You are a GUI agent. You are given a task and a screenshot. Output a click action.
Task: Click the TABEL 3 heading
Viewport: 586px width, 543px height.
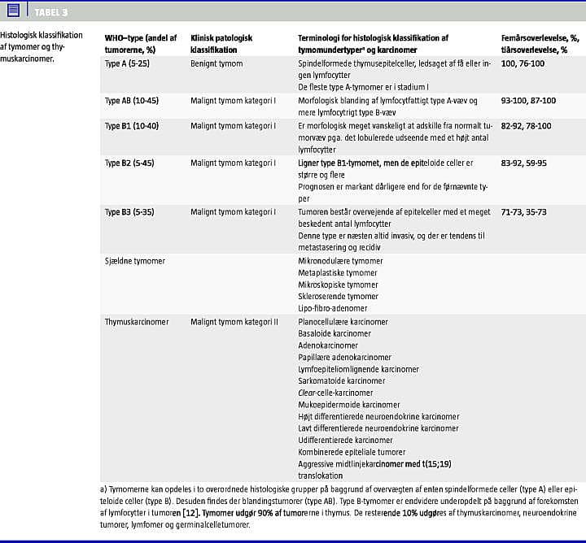point(51,11)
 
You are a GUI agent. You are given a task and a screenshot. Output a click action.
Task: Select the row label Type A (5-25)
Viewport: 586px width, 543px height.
point(127,63)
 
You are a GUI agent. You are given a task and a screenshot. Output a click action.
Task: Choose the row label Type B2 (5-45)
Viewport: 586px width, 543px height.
point(130,163)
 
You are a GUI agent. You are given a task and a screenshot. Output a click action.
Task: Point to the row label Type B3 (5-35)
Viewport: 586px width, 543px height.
point(130,212)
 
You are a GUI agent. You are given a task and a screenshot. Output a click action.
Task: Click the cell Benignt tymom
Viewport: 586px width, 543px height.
point(216,63)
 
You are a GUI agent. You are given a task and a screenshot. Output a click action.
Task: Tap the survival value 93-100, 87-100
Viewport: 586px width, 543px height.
point(529,101)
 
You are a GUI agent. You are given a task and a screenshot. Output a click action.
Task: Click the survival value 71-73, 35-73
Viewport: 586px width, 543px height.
point(524,212)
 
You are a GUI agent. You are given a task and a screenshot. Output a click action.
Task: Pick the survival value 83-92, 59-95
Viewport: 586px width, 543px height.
point(524,163)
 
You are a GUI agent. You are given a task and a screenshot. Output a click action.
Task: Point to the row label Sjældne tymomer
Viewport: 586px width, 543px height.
point(135,261)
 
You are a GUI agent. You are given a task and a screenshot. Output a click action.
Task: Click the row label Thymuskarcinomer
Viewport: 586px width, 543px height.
point(137,322)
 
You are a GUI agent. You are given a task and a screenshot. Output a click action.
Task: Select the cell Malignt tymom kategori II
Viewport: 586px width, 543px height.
point(234,322)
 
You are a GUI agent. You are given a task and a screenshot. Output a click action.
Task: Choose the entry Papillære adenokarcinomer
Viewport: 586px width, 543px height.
point(344,357)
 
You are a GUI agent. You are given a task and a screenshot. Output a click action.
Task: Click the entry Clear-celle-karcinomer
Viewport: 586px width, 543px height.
point(335,393)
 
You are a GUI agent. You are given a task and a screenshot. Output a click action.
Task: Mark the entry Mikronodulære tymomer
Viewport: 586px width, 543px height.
point(340,261)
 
